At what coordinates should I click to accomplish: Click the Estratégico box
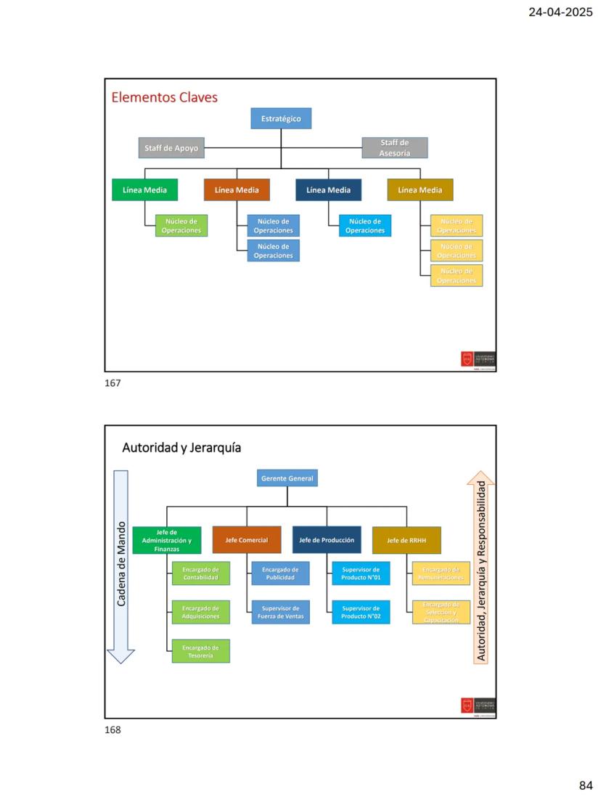pyautogui.click(x=281, y=118)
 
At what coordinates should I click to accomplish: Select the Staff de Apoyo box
pyautogui.click(x=171, y=148)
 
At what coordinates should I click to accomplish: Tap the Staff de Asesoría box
pyautogui.click(x=394, y=148)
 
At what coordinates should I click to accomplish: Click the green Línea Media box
pyautogui.click(x=144, y=190)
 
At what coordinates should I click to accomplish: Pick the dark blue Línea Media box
pyautogui.click(x=328, y=190)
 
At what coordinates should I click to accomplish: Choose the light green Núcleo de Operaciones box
pyautogui.click(x=181, y=226)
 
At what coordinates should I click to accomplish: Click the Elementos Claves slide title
pyautogui.click(x=164, y=97)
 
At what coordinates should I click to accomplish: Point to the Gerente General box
pyautogui.click(x=287, y=478)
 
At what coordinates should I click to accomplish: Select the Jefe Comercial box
pyautogui.click(x=247, y=540)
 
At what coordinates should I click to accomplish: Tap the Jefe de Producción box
pyautogui.click(x=327, y=540)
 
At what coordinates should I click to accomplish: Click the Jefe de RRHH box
pyautogui.click(x=406, y=540)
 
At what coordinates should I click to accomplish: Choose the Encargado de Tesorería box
pyautogui.click(x=200, y=651)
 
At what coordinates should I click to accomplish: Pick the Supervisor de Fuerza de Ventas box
pyautogui.click(x=280, y=613)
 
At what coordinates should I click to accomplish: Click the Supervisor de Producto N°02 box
pyautogui.click(x=361, y=613)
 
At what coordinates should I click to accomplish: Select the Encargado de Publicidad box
pyautogui.click(x=280, y=573)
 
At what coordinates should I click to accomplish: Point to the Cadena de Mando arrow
pyautogui.click(x=121, y=566)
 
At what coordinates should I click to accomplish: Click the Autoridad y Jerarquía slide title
pyautogui.click(x=181, y=448)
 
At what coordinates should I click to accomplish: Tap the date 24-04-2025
pyautogui.click(x=560, y=12)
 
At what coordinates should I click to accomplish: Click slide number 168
pyautogui.click(x=113, y=730)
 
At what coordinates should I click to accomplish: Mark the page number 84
pyautogui.click(x=586, y=785)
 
